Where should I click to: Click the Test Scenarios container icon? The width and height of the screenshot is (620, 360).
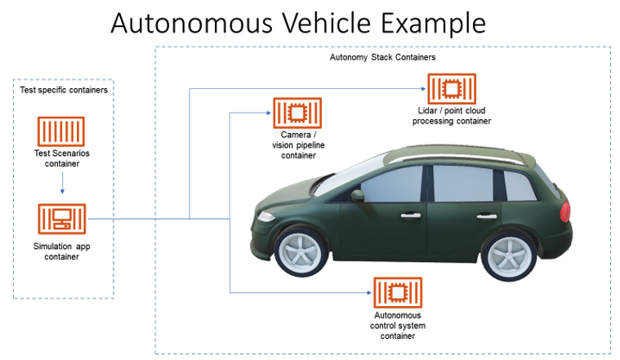[61, 132]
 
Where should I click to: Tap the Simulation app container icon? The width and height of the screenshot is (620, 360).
[61, 220]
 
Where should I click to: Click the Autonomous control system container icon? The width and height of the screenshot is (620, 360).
[398, 292]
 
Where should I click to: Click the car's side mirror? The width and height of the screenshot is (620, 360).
[357, 196]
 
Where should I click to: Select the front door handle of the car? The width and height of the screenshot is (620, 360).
[407, 216]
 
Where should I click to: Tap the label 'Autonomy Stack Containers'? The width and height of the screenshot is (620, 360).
[382, 58]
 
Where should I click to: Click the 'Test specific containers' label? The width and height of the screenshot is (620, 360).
[63, 90]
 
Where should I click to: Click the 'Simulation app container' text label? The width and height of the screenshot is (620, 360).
[62, 251]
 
